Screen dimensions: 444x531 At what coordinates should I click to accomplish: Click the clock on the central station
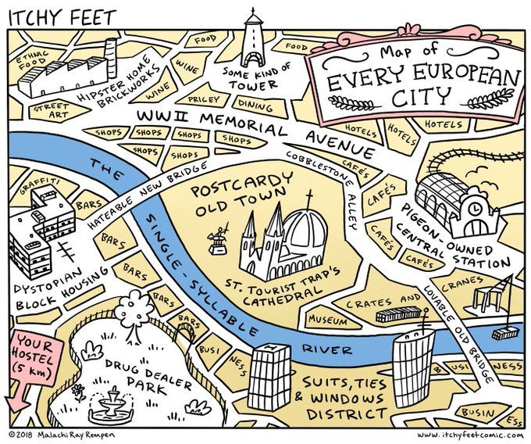tap(471, 210)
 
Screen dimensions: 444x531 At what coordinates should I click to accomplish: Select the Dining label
tap(255, 102)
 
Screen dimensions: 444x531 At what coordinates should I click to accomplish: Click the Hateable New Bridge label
tap(148, 199)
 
